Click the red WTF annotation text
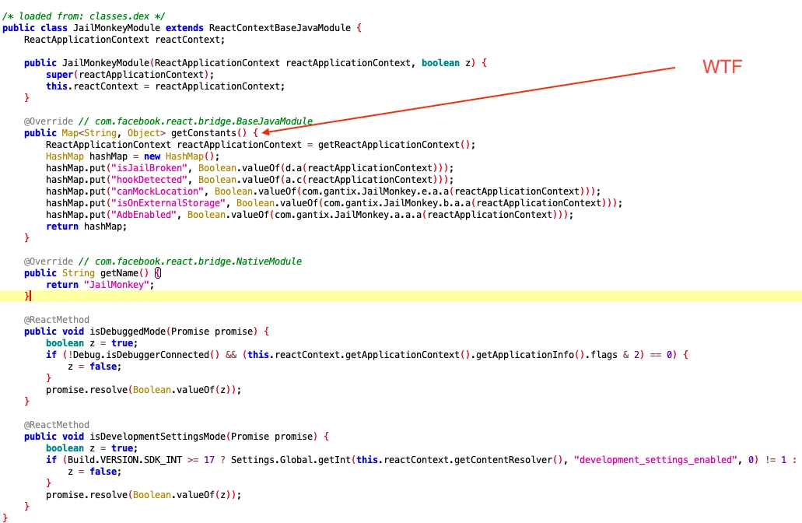722,66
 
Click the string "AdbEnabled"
144,215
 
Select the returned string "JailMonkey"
116,285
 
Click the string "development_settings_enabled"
655,460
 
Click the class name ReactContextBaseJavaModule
280,28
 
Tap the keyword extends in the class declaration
184,28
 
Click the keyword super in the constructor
59,75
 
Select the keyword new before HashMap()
152,156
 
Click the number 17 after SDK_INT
209,460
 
